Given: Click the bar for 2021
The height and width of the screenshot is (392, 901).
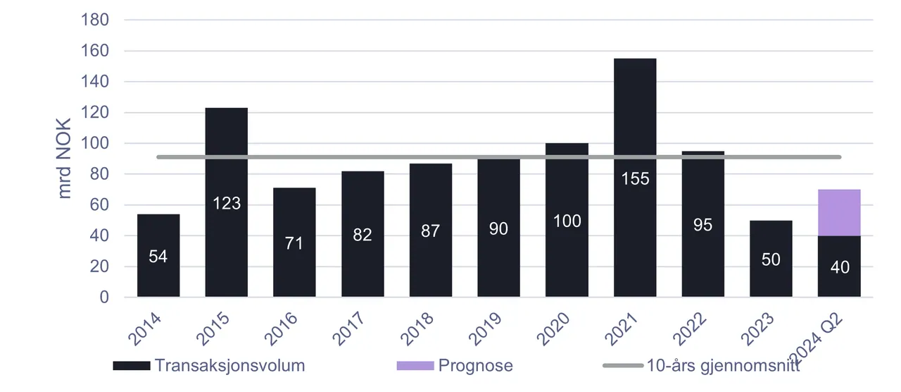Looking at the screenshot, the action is pyautogui.click(x=635, y=178).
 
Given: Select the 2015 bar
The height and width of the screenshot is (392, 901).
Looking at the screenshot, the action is pyautogui.click(x=227, y=202).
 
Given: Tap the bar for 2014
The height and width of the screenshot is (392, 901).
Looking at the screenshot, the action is pyautogui.click(x=158, y=255).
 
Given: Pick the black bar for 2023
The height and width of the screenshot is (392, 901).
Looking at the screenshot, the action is pyautogui.click(x=771, y=259).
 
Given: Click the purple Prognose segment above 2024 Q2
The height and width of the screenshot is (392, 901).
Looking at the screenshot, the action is pyautogui.click(x=839, y=213).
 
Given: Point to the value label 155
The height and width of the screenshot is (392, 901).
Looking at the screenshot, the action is pyautogui.click(x=635, y=178).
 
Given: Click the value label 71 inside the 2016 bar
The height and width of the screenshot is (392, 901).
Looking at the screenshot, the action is pyautogui.click(x=294, y=243).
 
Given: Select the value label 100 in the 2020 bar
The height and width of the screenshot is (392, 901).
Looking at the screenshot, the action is pyautogui.click(x=567, y=221).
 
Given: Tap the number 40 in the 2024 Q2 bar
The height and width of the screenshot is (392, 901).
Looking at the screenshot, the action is pyautogui.click(x=840, y=267).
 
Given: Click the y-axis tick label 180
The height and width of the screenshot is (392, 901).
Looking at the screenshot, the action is pyautogui.click(x=95, y=20).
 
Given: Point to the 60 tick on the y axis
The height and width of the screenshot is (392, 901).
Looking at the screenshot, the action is pyautogui.click(x=99, y=204).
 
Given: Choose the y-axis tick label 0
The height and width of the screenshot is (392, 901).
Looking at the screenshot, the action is pyautogui.click(x=104, y=298).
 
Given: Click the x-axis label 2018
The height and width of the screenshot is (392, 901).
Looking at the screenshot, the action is pyautogui.click(x=417, y=329).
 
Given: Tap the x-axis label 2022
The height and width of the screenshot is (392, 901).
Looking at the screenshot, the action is pyautogui.click(x=690, y=329).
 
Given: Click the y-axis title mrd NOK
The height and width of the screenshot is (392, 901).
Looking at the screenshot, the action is pyautogui.click(x=64, y=159).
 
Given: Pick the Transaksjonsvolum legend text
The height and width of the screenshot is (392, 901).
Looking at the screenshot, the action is pyautogui.click(x=229, y=365).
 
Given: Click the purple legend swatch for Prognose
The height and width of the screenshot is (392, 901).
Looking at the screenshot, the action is pyautogui.click(x=415, y=366).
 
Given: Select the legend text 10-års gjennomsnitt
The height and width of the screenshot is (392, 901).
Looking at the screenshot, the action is pyautogui.click(x=723, y=365).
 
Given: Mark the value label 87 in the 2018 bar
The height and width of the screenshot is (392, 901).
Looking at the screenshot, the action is pyautogui.click(x=430, y=231).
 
